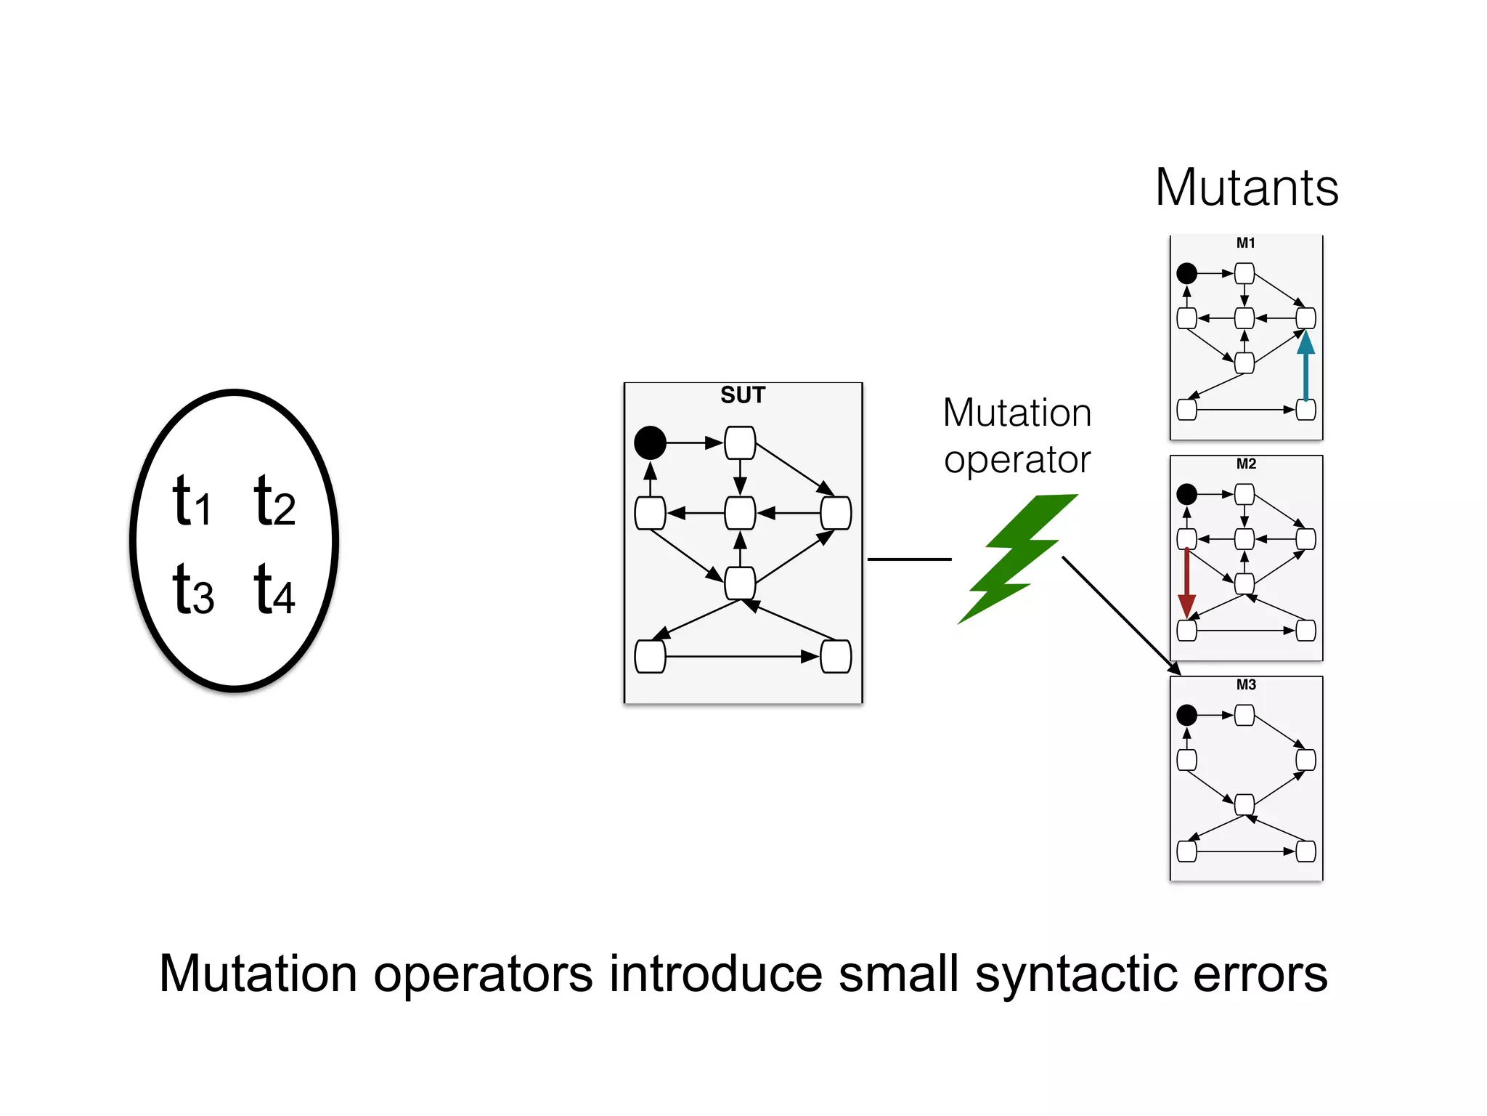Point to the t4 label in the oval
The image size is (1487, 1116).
[274, 589]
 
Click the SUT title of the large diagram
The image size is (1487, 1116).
[743, 395]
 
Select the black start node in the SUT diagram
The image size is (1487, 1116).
[650, 442]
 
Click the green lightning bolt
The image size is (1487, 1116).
[1017, 557]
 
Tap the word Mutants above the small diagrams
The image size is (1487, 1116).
[1247, 188]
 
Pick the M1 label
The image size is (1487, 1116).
[1246, 243]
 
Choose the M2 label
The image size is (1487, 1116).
[1246, 464]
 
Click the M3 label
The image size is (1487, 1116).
[1246, 685]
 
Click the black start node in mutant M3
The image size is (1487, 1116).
[1186, 715]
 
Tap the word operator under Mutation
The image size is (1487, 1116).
[1017, 461]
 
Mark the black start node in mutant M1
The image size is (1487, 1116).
[1186, 273]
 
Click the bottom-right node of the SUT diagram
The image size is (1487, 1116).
[836, 657]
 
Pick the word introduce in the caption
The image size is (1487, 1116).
[716, 975]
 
